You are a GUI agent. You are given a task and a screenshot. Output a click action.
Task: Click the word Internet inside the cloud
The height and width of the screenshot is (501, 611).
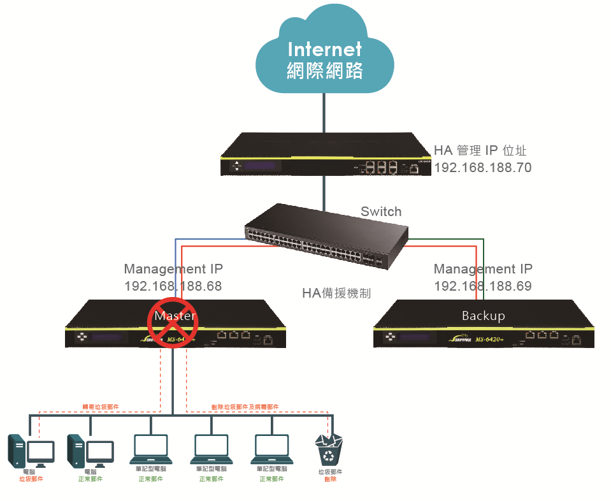[324, 49]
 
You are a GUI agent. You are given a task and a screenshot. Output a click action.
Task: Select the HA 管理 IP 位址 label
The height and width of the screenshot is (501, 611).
[480, 150]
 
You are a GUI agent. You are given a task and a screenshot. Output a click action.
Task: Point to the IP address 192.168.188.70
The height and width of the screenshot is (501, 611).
[482, 168]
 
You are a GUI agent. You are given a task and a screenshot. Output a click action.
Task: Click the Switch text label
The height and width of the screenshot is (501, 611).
[381, 212]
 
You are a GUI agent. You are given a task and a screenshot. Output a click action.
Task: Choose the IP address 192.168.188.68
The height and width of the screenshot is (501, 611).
[173, 286]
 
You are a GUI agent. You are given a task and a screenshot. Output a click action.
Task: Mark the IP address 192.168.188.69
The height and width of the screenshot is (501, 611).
[483, 286]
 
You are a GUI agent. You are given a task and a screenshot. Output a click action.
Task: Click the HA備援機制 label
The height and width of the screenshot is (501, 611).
[336, 293]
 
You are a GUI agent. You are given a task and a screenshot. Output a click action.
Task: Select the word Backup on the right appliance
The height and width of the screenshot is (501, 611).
[483, 316]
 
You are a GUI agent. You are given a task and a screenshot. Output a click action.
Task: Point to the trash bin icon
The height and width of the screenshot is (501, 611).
[329, 450]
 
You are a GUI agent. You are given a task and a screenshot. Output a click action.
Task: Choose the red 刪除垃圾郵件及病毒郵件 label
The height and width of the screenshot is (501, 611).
[245, 406]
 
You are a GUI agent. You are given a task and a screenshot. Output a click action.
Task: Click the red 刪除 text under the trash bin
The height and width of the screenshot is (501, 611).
[329, 479]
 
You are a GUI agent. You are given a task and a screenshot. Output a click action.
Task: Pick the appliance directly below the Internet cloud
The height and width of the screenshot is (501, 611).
[325, 154]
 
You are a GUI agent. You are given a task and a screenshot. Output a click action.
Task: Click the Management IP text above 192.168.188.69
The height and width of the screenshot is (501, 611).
[483, 269]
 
